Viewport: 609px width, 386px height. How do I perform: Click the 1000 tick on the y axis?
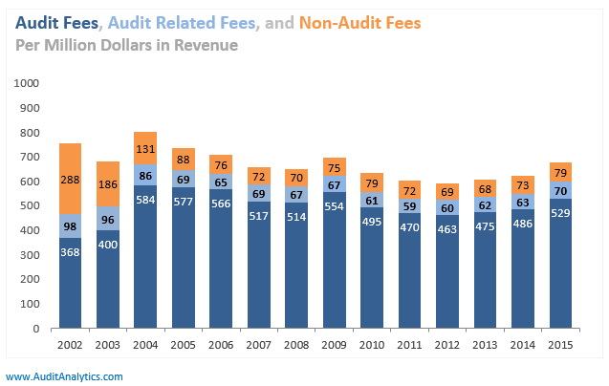tap(26, 83)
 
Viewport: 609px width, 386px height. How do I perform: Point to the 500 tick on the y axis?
tap(30, 206)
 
